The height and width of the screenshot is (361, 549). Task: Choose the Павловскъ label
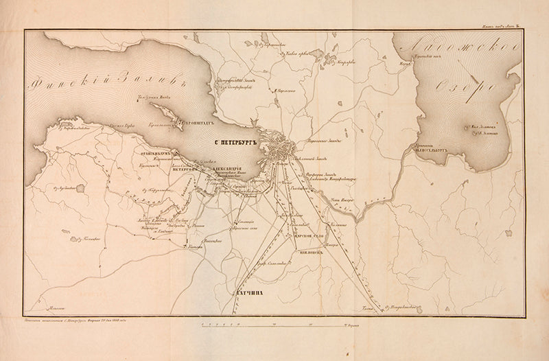311,252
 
